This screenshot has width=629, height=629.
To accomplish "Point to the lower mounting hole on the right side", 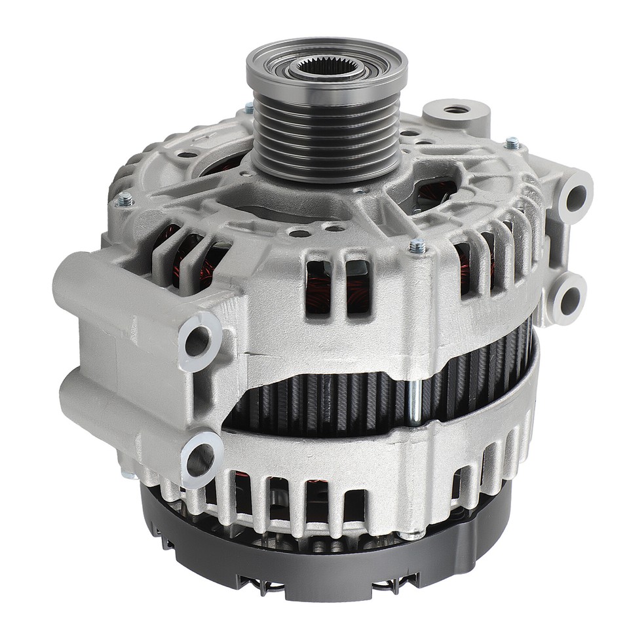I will [569, 301].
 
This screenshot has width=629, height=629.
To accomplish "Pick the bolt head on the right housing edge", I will [512, 141].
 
